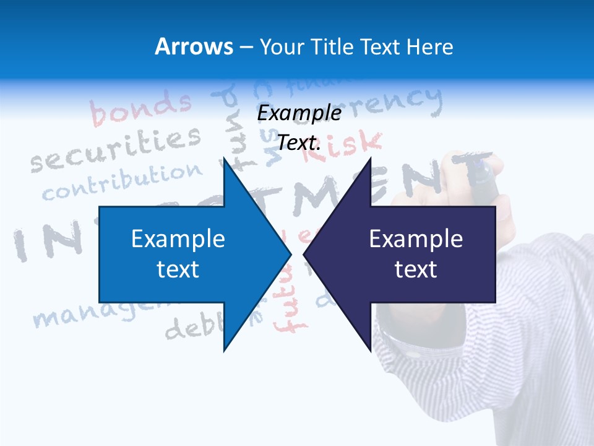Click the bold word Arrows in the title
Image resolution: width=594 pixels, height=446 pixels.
coord(194,46)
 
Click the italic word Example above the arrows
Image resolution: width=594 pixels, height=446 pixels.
coord(299,113)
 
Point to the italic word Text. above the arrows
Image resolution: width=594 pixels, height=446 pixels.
coord(299,142)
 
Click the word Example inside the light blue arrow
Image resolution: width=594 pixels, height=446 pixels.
coord(178,238)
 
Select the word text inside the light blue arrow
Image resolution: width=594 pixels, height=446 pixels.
coord(178,269)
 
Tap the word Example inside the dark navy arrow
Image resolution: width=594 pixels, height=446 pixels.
coord(416,238)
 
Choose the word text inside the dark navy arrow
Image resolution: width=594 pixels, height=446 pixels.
coord(416,269)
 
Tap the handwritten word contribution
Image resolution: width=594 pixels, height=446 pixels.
coord(123,182)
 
